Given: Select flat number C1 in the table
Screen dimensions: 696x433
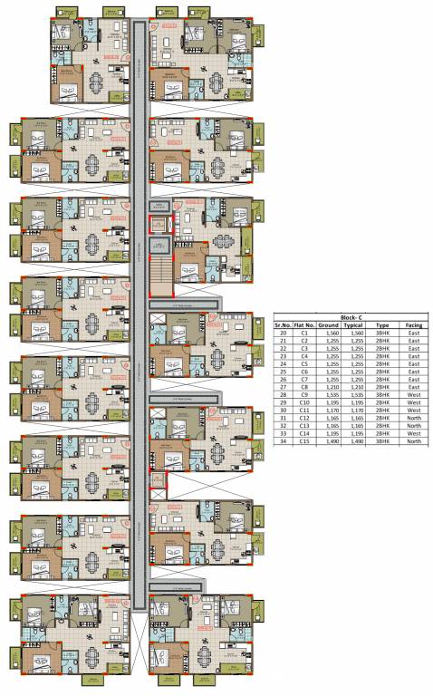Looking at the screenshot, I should click(x=305, y=333).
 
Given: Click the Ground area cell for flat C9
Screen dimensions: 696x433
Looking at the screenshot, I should click(x=330, y=397).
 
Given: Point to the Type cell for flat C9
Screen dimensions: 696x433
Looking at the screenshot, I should click(x=382, y=397).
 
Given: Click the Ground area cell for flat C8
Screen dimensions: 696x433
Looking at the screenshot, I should click(x=330, y=389).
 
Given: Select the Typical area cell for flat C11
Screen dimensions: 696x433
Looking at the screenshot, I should click(x=356, y=411).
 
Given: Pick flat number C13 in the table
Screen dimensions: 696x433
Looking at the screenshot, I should click(x=305, y=426).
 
